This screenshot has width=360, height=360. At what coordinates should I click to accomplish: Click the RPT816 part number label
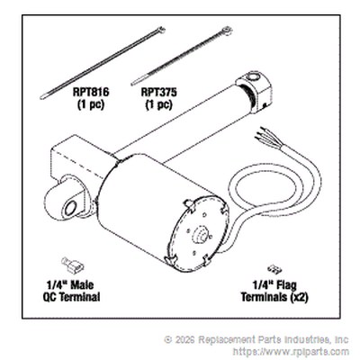tap(91, 92)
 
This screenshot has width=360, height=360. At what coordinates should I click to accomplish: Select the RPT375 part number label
tap(159, 92)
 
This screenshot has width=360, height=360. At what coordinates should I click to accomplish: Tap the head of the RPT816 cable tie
tap(161, 30)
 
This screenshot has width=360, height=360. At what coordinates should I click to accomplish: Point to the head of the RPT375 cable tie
tap(227, 31)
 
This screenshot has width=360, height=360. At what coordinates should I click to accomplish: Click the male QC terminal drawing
tap(72, 265)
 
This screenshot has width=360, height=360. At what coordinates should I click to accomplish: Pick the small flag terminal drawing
tap(274, 269)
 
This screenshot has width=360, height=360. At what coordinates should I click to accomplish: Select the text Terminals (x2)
tap(274, 297)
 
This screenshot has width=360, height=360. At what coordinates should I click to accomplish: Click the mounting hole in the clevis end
tap(71, 208)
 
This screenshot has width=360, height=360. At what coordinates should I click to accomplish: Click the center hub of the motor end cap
tap(200, 234)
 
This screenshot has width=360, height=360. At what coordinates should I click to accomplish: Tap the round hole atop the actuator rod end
tap(253, 77)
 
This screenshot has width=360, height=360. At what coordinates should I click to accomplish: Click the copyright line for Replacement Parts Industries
tap(256, 339)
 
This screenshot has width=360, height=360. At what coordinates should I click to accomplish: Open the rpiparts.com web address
tap(291, 351)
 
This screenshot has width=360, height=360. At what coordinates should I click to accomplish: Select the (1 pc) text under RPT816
tap(91, 104)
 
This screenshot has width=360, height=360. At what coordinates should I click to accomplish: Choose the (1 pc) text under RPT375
tap(159, 104)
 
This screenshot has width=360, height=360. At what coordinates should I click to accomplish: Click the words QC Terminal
tap(71, 297)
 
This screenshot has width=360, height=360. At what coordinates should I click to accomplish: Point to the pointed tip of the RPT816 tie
tap(41, 97)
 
